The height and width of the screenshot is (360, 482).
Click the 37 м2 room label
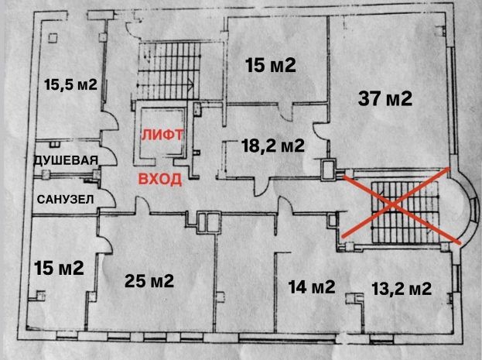click(x=385, y=99)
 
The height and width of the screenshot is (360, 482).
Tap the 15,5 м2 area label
click(x=70, y=84)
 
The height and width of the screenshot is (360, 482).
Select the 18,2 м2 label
click(x=273, y=146)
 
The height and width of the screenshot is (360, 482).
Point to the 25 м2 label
click(x=149, y=280)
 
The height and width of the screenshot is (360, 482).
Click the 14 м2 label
click(x=311, y=286)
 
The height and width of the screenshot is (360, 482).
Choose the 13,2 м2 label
click(x=402, y=289)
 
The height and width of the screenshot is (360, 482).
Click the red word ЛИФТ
click(x=162, y=135)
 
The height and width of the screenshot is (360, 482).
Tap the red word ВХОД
click(x=160, y=179)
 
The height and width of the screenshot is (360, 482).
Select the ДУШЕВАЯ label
click(x=66, y=160)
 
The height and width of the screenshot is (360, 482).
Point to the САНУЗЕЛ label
click(x=65, y=200)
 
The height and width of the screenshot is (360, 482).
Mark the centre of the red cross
click(x=393, y=204)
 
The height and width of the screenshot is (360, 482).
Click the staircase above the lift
click(x=169, y=70)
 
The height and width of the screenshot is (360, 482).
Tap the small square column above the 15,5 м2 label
click(x=53, y=38)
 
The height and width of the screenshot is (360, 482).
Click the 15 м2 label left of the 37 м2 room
click(x=271, y=65)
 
